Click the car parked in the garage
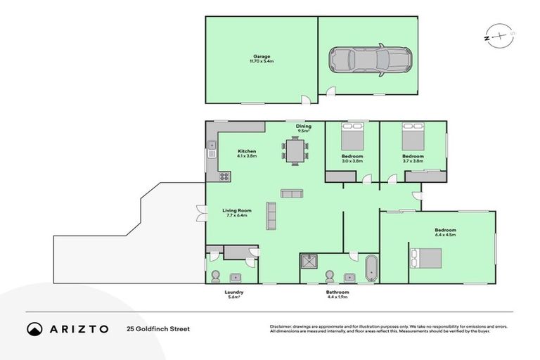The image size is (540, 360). [x=370, y=61]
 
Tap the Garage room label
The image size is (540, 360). [x=262, y=58]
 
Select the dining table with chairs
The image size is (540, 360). [x=295, y=150]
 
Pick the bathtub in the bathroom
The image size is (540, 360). [x=371, y=269]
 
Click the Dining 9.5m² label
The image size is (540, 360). [x=304, y=128]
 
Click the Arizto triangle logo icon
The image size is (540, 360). [x=34, y=328]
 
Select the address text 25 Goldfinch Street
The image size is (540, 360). [x=158, y=328]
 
